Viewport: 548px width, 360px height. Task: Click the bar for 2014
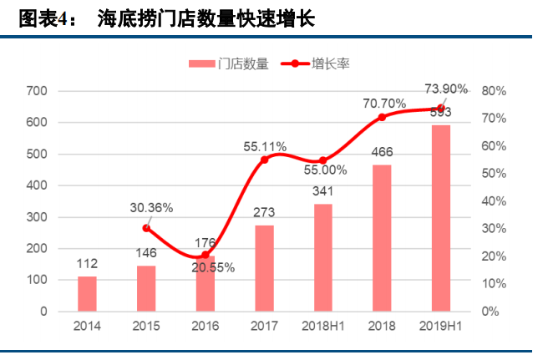tap(87, 293)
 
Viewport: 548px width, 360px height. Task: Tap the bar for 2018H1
tap(322, 257)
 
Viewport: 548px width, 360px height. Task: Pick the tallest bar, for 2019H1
tap(440, 218)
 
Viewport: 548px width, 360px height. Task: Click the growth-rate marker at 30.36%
tap(146, 228)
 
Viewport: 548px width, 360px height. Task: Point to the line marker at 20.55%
tap(205, 255)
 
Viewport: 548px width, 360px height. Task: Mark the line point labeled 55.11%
tap(264, 160)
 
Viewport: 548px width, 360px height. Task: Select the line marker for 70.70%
tap(382, 117)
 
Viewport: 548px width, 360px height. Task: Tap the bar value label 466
tap(382, 153)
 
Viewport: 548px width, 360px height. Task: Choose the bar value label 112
tap(87, 265)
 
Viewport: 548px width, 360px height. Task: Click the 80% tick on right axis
tap(495, 91)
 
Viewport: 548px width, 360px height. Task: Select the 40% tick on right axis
tap(495, 201)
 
